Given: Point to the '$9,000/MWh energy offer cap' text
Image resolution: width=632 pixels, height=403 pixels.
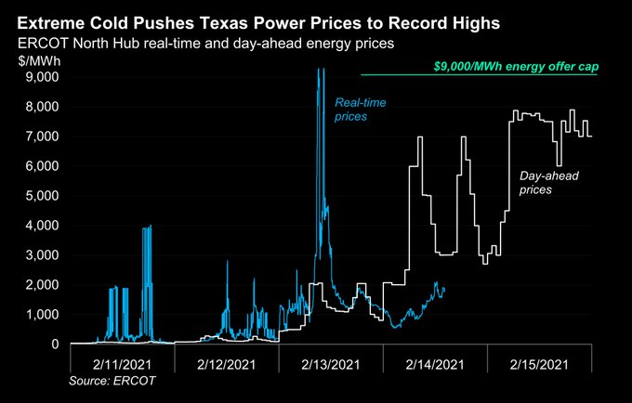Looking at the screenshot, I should tap(515, 67).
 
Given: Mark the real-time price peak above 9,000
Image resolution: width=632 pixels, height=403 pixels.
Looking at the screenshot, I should tap(320, 71).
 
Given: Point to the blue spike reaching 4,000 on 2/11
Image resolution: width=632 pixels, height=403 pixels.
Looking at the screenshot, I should tap(148, 227).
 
